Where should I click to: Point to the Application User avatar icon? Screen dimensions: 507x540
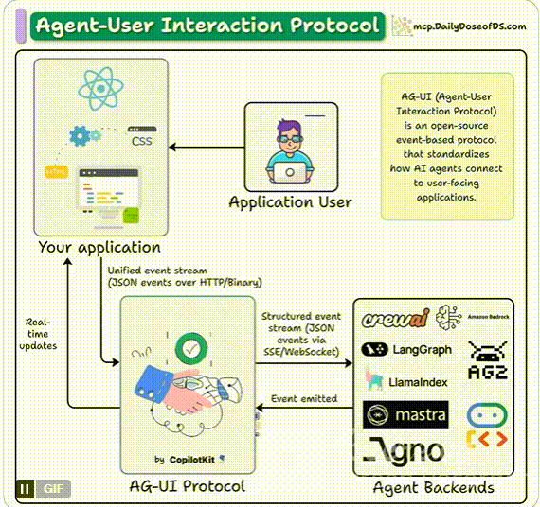point(291,146)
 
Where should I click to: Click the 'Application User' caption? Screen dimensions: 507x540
point(290,201)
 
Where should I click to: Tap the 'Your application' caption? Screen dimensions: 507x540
point(99,247)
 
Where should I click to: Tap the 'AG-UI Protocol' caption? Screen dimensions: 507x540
point(187,486)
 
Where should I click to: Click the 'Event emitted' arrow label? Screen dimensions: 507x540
point(304,398)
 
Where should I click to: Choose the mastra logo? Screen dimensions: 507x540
point(405,415)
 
